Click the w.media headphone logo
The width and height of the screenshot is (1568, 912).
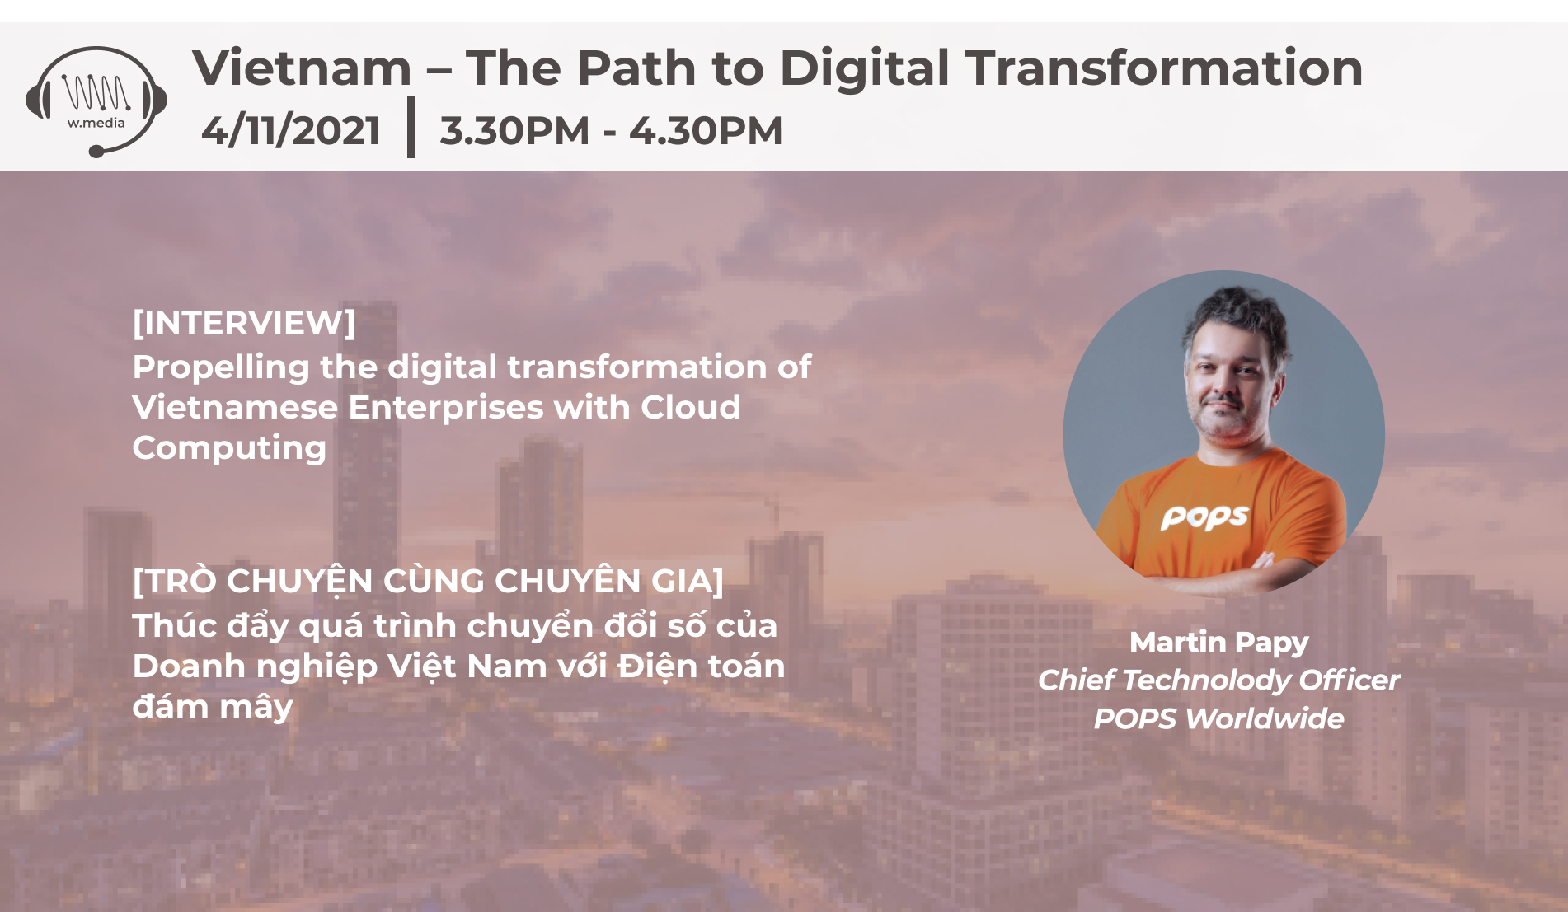pos(96,101)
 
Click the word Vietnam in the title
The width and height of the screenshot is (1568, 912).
pos(302,68)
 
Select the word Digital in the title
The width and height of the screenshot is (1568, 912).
pos(865,69)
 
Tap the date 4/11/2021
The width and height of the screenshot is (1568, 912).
pos(291,130)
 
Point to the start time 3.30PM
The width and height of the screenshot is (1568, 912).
pos(514,130)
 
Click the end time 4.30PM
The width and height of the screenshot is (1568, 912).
pos(706,130)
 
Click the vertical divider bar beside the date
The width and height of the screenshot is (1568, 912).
pos(411,127)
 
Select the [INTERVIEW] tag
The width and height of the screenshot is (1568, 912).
pos(244,322)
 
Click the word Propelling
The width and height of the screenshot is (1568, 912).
pos(221,368)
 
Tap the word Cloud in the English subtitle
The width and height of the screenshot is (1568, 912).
pos(691,407)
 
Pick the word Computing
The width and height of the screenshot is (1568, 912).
pos(229,449)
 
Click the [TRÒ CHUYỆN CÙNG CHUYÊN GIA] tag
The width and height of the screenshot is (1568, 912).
pos(428,580)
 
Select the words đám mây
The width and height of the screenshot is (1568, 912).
pos(213,708)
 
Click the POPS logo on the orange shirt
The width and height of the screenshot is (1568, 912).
pos(1204,517)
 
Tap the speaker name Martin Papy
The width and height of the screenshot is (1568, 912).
pos(1218,642)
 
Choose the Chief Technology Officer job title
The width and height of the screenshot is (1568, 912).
pos(1218,680)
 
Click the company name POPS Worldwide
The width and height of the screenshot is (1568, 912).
pos(1218,718)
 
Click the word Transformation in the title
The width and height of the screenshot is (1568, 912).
pos(1164,68)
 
